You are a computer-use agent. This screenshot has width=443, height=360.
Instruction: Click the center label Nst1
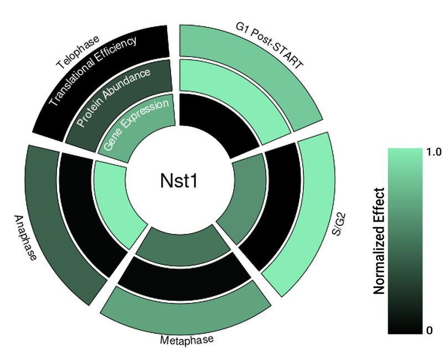pos(178,181)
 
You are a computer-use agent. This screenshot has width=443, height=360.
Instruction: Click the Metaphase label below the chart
pos(187,340)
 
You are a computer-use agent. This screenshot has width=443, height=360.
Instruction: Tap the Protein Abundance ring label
pos(114,97)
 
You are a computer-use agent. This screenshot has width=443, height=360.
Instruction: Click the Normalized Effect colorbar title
pos(379,240)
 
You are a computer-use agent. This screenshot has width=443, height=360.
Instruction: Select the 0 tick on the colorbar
pos(429,331)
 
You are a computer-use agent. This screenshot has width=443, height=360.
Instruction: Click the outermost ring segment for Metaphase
pos(186,310)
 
